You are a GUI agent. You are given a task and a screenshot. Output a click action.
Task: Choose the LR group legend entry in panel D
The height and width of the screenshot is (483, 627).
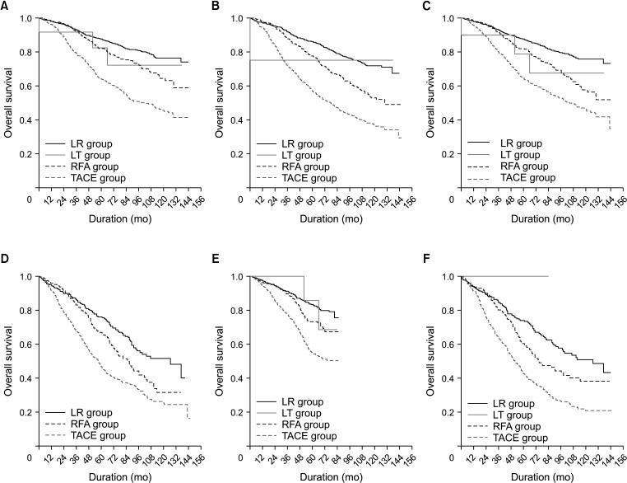(x=91, y=411)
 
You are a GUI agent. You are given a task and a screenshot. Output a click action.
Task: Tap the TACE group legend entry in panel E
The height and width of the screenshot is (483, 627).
(x=303, y=435)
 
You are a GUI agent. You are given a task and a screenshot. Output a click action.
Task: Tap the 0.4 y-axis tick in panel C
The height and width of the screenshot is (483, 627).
(x=445, y=120)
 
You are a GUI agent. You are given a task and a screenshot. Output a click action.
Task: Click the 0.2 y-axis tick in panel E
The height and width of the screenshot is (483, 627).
(x=235, y=412)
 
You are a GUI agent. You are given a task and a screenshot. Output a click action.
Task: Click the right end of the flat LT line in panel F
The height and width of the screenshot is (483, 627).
(x=548, y=276)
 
